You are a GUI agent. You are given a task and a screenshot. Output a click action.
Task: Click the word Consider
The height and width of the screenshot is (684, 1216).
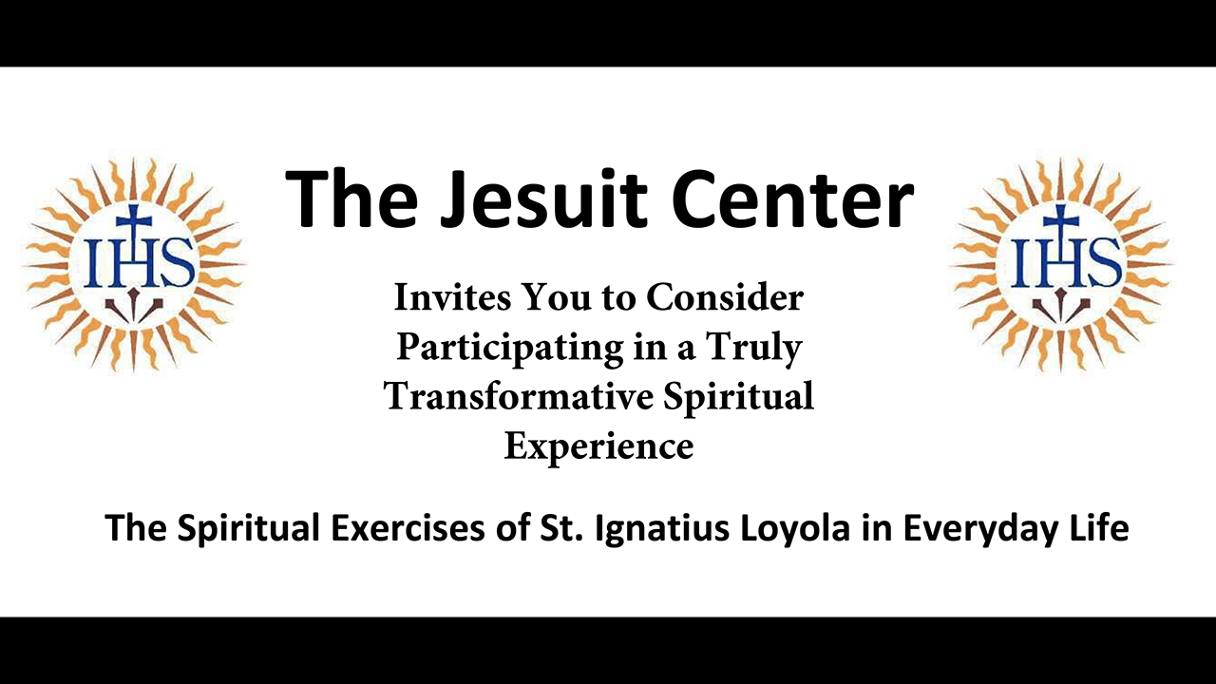(725, 298)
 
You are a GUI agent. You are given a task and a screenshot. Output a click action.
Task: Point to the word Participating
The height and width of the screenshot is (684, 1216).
(510, 348)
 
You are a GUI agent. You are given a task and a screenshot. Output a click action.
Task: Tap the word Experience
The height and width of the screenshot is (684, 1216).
(598, 447)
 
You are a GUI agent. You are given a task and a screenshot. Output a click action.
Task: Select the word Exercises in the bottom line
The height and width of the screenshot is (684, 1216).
(408, 527)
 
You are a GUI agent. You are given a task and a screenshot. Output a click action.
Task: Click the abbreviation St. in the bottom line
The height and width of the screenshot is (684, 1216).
(561, 527)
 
